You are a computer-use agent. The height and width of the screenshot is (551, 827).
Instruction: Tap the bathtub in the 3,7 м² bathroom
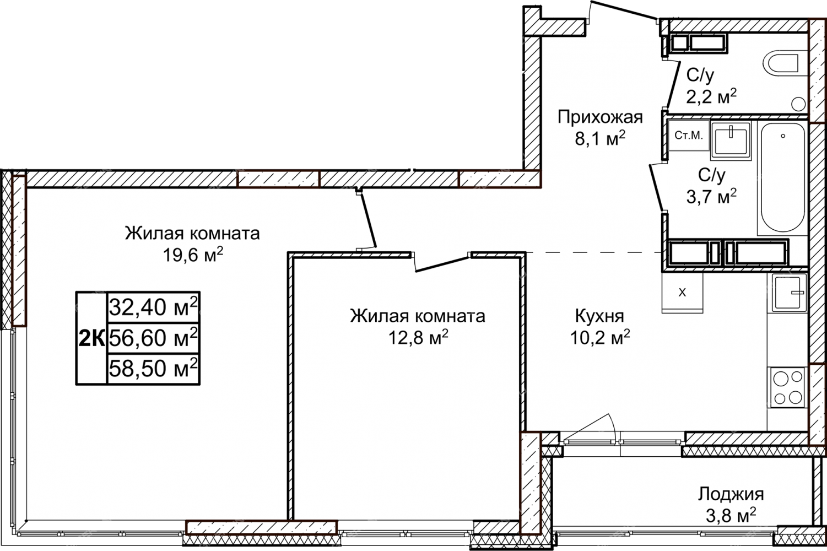pyautogui.click(x=782, y=177)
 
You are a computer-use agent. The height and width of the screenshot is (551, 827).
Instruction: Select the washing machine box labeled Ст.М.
pyautogui.click(x=688, y=135)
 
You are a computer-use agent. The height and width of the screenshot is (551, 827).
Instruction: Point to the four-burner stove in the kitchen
pyautogui.click(x=786, y=387)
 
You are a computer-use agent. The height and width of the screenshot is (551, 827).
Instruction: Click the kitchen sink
pyautogui.click(x=787, y=293)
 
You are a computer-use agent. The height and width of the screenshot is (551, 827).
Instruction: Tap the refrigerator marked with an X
pyautogui.click(x=682, y=293)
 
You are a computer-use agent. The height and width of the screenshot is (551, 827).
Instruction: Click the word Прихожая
pyautogui.click(x=600, y=117)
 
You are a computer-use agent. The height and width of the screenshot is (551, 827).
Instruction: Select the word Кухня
pyautogui.click(x=599, y=316)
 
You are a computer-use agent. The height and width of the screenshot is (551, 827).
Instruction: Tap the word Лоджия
pyautogui.click(x=731, y=494)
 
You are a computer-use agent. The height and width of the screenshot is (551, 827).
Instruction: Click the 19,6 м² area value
pyautogui.click(x=193, y=254)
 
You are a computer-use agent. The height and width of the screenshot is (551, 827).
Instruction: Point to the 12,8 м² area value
pyautogui.click(x=418, y=337)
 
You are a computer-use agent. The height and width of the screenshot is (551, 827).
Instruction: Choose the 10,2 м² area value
pyautogui.click(x=600, y=337)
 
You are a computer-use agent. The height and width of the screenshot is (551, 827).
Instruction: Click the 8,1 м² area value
pyautogui.click(x=600, y=138)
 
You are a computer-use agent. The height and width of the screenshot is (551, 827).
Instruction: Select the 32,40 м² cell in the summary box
pyautogui.click(x=154, y=307)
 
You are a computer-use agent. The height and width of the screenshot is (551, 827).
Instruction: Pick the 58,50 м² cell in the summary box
pyautogui.click(x=154, y=368)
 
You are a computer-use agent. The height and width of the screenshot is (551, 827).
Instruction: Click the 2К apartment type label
pyautogui.click(x=91, y=338)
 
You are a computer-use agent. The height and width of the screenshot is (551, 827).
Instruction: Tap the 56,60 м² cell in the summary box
pyautogui.click(x=154, y=337)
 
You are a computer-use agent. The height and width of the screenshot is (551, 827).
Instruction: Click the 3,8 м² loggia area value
pyautogui.click(x=731, y=516)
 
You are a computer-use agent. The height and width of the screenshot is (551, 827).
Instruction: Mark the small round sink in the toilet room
pyautogui.click(x=798, y=104)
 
